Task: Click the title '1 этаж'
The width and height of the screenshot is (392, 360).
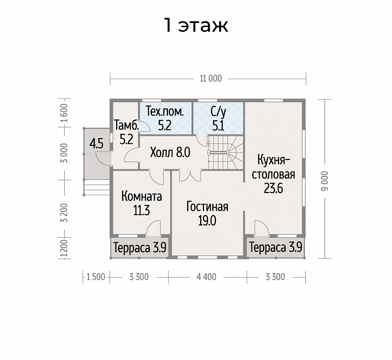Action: point(196,25)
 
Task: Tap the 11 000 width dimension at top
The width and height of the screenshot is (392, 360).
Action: point(211,78)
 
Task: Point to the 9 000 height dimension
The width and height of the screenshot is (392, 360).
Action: point(325,181)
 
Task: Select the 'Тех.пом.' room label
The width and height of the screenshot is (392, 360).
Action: point(165,111)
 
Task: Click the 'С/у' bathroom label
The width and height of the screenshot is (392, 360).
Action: point(218,112)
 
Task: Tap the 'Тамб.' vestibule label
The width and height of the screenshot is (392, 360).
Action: point(126,125)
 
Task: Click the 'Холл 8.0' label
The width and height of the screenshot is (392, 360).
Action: point(170,152)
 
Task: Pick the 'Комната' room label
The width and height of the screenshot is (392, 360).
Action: point(142,197)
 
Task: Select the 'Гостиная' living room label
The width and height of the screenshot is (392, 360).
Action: point(207,207)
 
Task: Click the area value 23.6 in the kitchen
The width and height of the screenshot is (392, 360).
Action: point(273,188)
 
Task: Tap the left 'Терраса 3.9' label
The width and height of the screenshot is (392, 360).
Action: point(140,248)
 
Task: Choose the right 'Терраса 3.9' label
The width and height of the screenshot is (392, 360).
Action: point(276,248)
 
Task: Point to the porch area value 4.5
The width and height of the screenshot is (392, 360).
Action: point(97,144)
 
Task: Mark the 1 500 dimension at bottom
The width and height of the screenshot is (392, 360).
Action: point(96,277)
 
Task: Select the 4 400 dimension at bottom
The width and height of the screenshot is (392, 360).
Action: point(206,277)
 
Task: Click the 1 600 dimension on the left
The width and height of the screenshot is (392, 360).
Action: point(64,113)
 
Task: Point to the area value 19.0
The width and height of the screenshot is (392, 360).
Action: point(207,221)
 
